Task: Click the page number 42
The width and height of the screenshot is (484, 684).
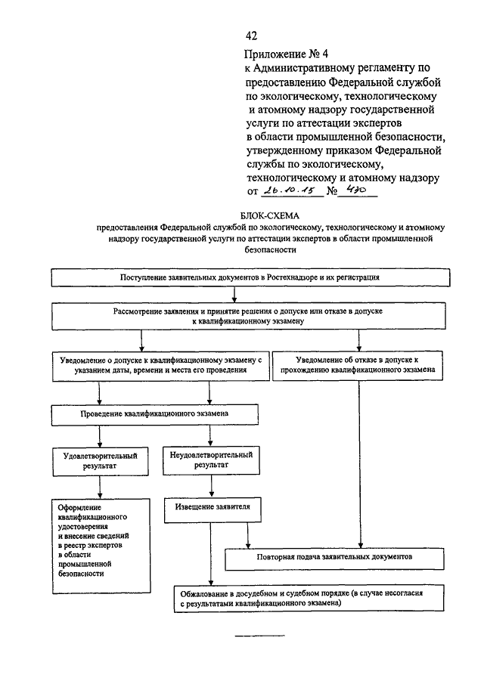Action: [x=251, y=36]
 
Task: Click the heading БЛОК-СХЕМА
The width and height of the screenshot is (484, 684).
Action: [x=270, y=215]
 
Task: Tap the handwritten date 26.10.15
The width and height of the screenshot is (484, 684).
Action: [x=290, y=190]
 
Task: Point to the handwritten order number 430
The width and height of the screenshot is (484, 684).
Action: [x=356, y=189]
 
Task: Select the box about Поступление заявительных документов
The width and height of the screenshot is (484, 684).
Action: [x=250, y=277]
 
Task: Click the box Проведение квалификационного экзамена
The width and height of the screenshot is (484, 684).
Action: [x=155, y=414]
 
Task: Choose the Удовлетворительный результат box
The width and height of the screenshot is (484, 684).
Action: [x=101, y=461]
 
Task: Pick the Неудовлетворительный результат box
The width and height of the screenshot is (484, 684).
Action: [x=211, y=460]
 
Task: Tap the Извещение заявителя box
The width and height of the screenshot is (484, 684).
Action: [x=213, y=510]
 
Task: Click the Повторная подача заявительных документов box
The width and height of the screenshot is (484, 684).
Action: [x=335, y=559]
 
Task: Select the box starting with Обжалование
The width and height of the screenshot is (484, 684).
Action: [x=309, y=599]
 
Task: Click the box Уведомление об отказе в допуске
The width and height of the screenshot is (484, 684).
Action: [x=358, y=366]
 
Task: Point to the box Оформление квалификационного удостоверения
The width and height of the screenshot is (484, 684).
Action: [x=101, y=546]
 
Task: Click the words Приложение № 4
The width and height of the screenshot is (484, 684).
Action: [x=286, y=54]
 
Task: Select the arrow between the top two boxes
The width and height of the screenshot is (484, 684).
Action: [x=234, y=295]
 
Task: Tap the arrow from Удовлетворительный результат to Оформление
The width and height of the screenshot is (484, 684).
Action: [x=100, y=487]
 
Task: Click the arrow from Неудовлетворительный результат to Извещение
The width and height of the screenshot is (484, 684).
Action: [x=212, y=486]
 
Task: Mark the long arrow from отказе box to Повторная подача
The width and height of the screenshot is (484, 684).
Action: [x=361, y=464]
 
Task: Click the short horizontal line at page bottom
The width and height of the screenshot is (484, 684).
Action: [x=259, y=636]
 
